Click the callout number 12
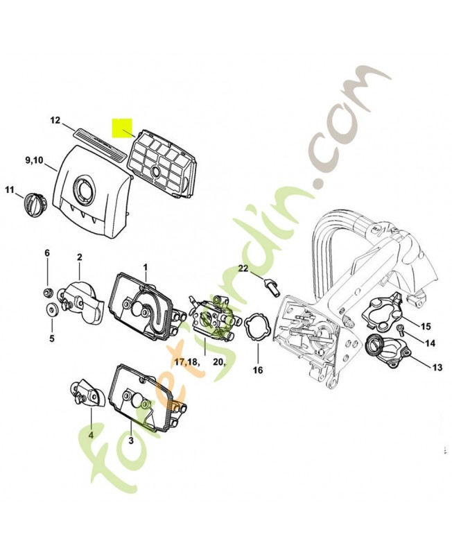pyautogui.click(x=55, y=121)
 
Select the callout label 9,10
pyautogui.click(x=35, y=161)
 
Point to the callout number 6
pyautogui.click(x=48, y=254)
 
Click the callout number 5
pyautogui.click(x=51, y=339)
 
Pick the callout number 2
pyautogui.click(x=79, y=257)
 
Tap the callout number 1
pyautogui.click(x=146, y=266)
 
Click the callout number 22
pyautogui.click(x=243, y=268)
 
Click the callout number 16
pyautogui.click(x=257, y=370)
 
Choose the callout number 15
pyautogui.click(x=426, y=326)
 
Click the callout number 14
pyautogui.click(x=430, y=343)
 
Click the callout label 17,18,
pyautogui.click(x=186, y=362)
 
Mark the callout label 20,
pyautogui.click(x=218, y=362)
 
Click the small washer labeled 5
pyautogui.click(x=51, y=309)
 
